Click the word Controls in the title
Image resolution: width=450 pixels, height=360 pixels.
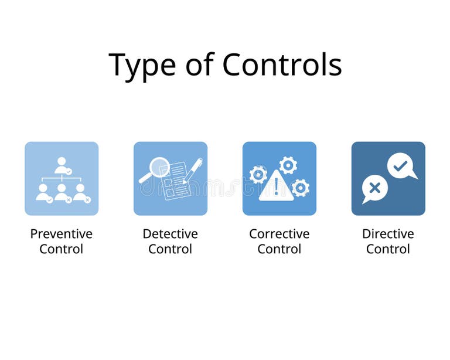click(282, 64)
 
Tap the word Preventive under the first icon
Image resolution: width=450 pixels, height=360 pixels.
click(62, 234)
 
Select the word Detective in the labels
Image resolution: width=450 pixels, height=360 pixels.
click(171, 234)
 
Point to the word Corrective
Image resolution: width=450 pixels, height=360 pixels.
click(279, 234)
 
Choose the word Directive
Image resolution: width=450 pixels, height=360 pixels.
click(388, 234)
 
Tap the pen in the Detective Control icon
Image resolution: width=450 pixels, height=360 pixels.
click(193, 170)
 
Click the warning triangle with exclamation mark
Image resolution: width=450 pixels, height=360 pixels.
click(275, 186)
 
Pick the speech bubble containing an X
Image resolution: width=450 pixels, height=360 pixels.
click(375, 188)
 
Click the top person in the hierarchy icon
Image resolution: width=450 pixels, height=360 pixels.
click(62, 165)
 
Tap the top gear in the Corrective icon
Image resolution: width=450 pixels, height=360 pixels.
click(288, 165)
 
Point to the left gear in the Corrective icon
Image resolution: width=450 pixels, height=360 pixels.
click(258, 174)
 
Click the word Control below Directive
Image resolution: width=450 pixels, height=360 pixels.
click(388, 249)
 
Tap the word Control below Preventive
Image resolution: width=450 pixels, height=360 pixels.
click(62, 249)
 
